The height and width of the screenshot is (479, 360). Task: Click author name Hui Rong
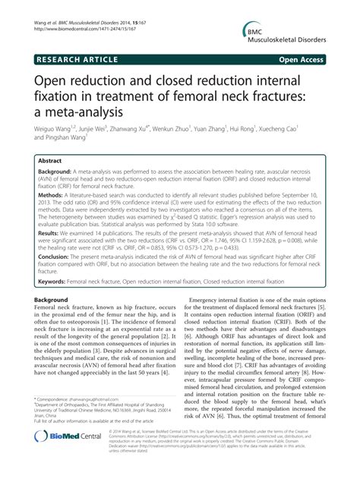pyautogui.click(x=261, y=131)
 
